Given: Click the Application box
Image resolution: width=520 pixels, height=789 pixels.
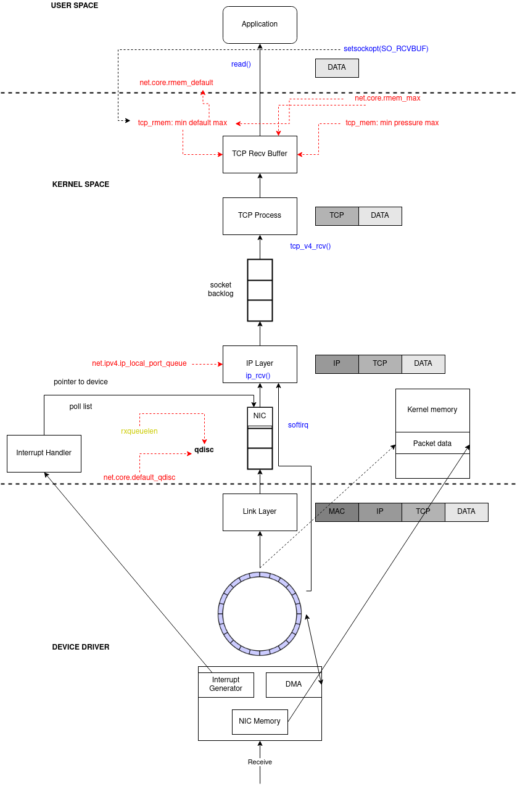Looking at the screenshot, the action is [260, 25].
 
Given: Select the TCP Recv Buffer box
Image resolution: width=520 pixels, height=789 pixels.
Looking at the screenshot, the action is [260, 154].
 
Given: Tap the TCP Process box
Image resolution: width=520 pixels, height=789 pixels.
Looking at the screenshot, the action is [260, 216].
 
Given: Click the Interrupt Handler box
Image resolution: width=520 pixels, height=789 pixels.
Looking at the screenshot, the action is [44, 453].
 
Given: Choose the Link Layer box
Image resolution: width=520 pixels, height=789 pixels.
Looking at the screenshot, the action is [260, 512].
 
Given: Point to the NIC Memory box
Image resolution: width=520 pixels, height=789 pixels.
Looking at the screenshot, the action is [260, 722].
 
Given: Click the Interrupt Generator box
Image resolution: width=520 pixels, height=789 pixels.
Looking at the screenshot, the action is [226, 685].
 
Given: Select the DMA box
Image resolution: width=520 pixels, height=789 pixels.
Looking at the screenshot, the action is [294, 685].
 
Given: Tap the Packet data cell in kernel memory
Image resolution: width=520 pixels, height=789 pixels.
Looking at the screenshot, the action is [432, 443].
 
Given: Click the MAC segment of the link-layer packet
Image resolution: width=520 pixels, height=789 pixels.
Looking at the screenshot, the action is [337, 512].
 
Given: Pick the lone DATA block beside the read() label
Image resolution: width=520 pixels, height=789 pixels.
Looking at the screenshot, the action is [337, 68].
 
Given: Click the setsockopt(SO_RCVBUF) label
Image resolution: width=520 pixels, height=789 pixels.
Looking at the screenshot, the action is [386, 49].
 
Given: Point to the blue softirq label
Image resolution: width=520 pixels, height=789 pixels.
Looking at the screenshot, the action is [298, 425].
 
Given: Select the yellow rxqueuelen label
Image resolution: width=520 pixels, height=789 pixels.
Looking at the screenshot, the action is [139, 431].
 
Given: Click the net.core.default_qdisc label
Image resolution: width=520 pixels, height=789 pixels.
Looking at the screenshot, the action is [139, 477].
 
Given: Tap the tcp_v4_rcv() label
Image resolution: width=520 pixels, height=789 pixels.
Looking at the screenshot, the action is [310, 246].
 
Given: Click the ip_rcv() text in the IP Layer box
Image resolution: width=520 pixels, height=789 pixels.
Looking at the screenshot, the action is [258, 376].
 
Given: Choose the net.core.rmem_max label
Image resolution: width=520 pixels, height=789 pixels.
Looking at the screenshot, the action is [387, 98].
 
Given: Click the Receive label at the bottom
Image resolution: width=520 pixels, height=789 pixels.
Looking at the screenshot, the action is [260, 762].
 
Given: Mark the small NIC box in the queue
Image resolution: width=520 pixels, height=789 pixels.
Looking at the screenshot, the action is [260, 416].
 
